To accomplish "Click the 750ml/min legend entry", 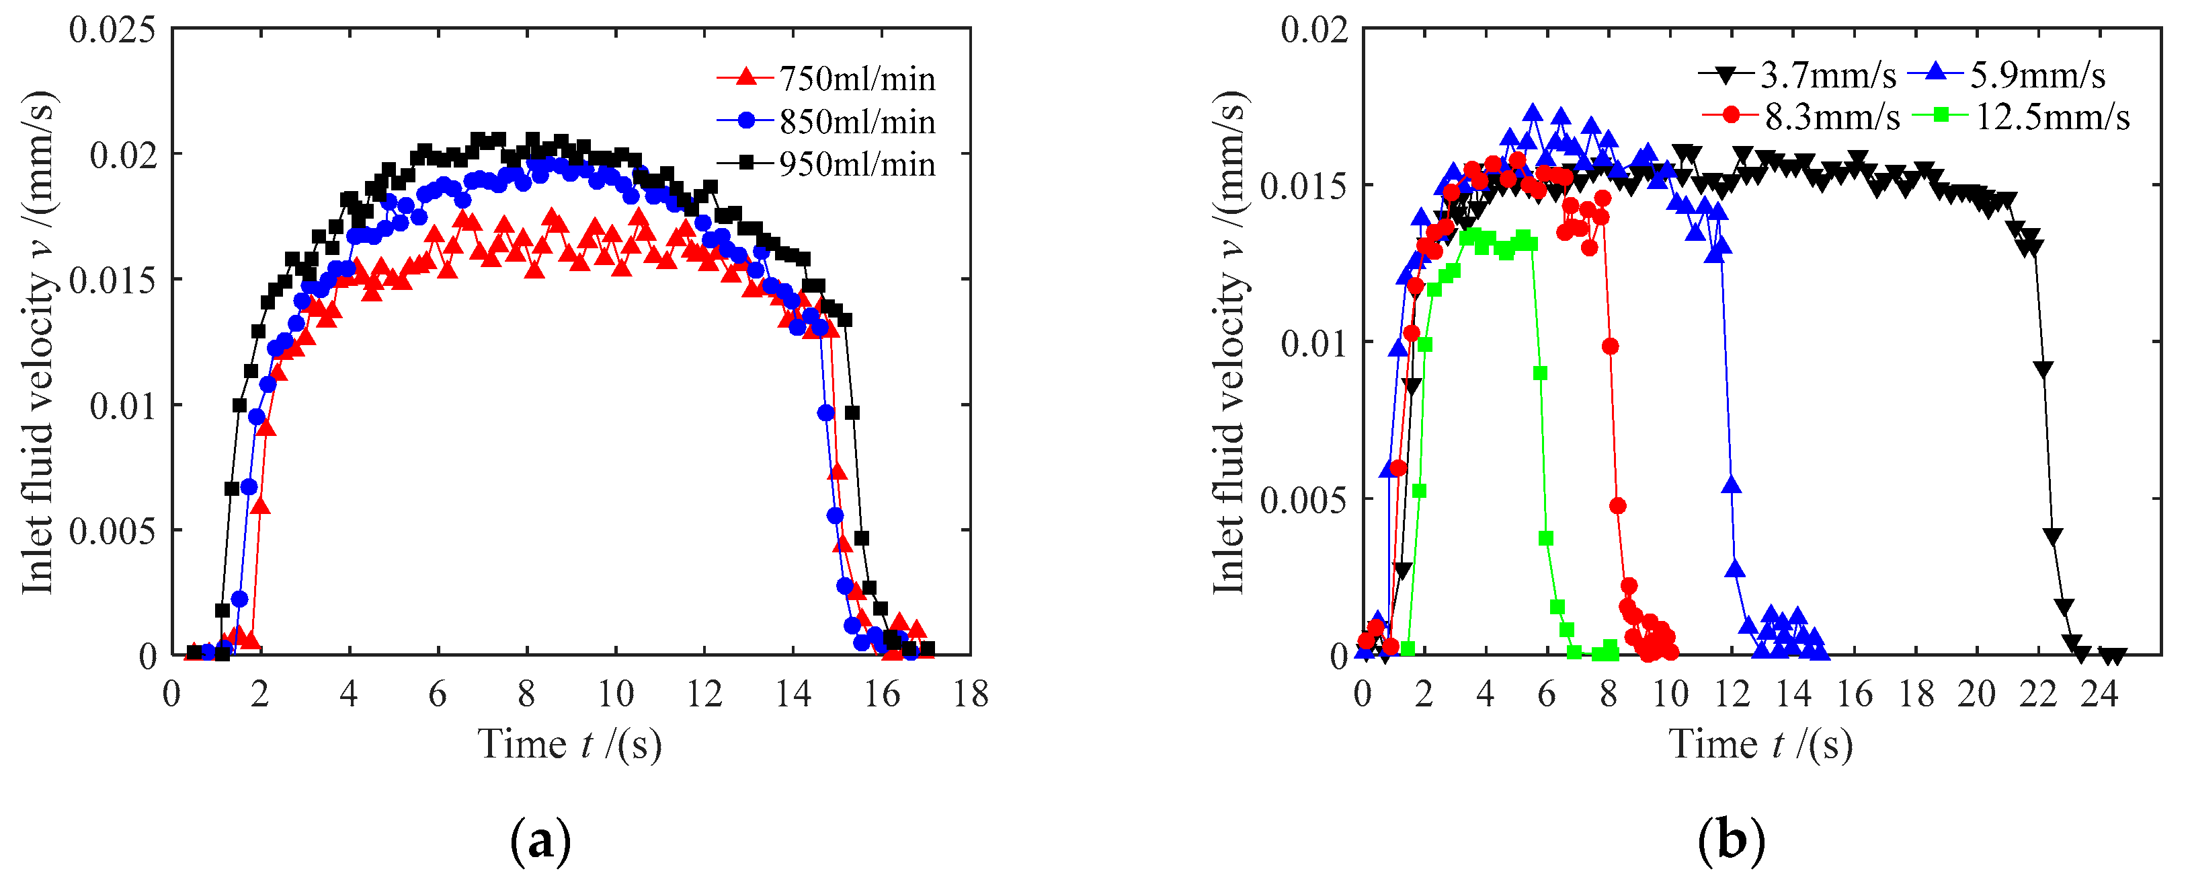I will (x=856, y=79).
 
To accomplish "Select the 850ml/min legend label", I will (x=856, y=122).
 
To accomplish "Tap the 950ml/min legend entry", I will (x=856, y=164).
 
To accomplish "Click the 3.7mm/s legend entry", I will (x=1827, y=76).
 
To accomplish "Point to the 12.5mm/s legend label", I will (x=2052, y=116).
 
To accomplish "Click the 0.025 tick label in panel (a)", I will (x=112, y=31).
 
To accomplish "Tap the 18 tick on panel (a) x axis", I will (x=970, y=695).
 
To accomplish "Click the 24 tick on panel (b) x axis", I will (x=2099, y=695).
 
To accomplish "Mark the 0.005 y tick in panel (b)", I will (x=1303, y=500).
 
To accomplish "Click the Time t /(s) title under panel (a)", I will (x=569, y=745).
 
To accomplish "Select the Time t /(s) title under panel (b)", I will (x=1760, y=745).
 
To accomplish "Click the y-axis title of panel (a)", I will (x=39, y=340).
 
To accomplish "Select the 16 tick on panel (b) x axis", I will (x=1854, y=695).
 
